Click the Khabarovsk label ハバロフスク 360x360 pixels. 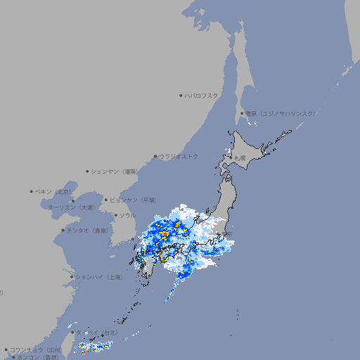click(201, 96)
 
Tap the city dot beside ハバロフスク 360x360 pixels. click(181, 96)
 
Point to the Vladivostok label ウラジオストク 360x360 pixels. click(179, 156)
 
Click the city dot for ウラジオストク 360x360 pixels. click(155, 156)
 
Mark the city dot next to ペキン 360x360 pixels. click(32, 191)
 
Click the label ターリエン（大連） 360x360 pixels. click(71, 207)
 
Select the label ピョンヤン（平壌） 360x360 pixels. click(133, 200)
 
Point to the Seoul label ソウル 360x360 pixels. click(127, 215)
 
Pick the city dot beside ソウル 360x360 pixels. click(115, 215)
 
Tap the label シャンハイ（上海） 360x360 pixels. click(98, 277)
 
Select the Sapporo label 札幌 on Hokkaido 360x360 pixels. click(240, 158)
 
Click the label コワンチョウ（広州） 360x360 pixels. click(35, 349)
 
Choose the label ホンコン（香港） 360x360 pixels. click(39, 357)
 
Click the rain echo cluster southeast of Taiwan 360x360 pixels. click(92, 347)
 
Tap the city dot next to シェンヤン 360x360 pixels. click(87, 171)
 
